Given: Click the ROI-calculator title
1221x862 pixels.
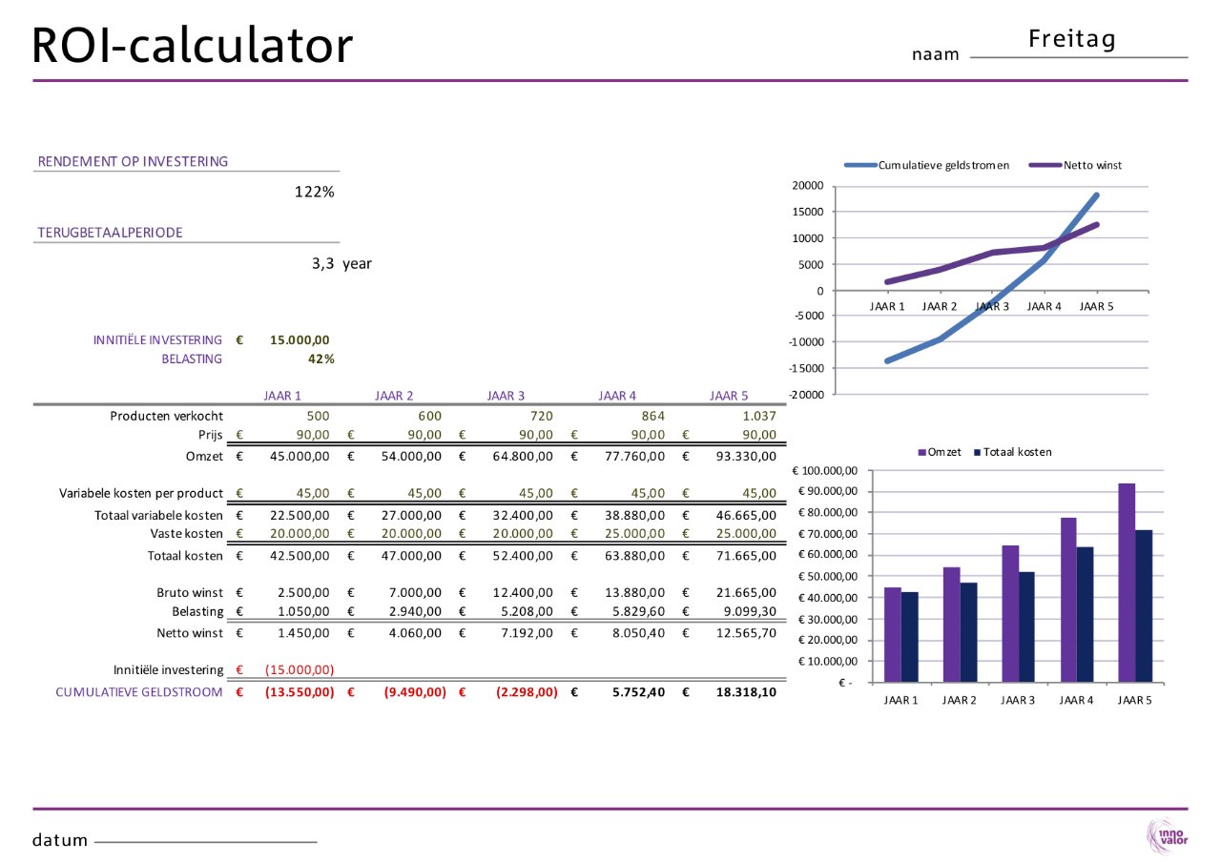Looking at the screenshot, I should click(192, 45).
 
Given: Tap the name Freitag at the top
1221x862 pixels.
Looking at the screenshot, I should click(1072, 39).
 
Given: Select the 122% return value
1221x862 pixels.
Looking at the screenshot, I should click(314, 192).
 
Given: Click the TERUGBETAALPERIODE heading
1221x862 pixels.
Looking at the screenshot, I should click(111, 232).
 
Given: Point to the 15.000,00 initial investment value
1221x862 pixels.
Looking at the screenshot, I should click(300, 339).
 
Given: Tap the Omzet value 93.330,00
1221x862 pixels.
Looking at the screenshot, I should click(746, 457).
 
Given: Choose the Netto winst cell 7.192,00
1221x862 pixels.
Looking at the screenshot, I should click(523, 632).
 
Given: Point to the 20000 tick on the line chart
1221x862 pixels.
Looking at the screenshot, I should click(805, 185).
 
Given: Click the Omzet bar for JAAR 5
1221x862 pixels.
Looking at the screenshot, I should click(1127, 583).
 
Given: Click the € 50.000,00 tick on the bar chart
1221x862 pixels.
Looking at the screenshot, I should click(828, 576).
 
